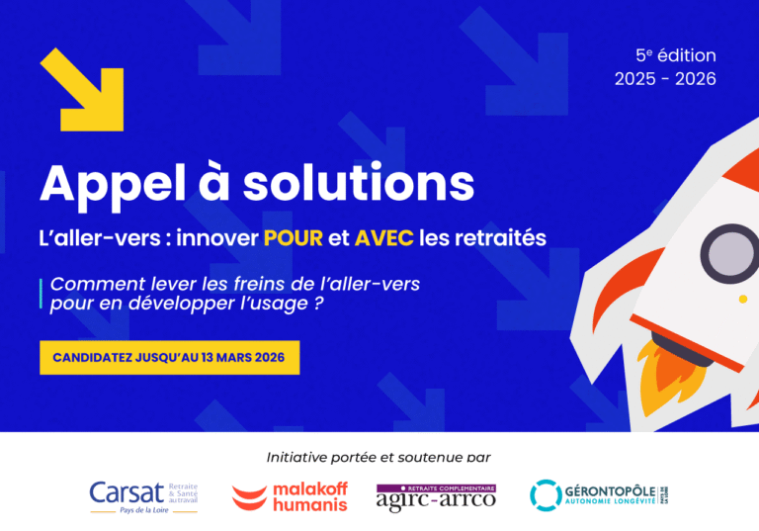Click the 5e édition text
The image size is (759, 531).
click(675, 56)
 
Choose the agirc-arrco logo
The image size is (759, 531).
click(436, 495)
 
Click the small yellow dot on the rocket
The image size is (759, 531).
click(743, 298)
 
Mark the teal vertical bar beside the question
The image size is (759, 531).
click(41, 294)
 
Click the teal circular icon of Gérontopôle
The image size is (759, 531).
click(545, 495)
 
